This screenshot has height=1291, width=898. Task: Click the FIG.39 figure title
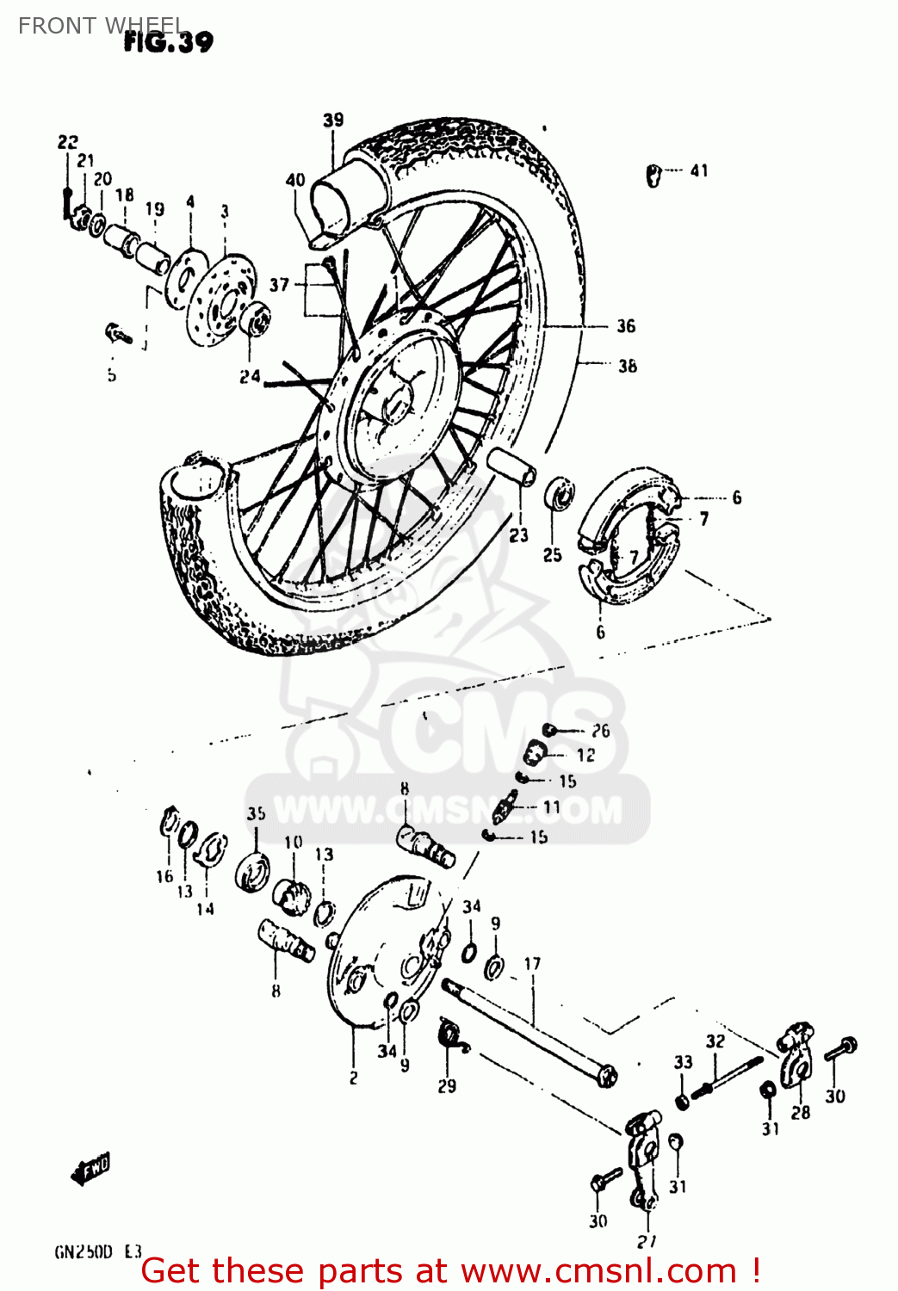pos(169,41)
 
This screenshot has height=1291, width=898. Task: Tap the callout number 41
pos(699,170)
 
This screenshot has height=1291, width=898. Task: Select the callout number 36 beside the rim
pos(626,326)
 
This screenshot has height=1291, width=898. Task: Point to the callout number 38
pos(628,366)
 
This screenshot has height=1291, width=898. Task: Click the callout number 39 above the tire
pos(333,120)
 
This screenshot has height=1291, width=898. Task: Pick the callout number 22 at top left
pos(68,142)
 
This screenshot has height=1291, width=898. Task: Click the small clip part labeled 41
pos(653,176)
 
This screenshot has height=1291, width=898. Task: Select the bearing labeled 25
pos(560,495)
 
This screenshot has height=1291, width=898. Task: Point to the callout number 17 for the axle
pos(532,964)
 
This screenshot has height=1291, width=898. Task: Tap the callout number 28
pos(801,1112)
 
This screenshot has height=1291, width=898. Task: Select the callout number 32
pos(715,1041)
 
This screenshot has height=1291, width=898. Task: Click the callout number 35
pos(257,813)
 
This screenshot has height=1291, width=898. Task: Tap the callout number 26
pos(600,731)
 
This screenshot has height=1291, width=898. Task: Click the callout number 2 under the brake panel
pos(353,1078)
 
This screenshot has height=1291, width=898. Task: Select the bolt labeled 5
pos(118,332)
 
